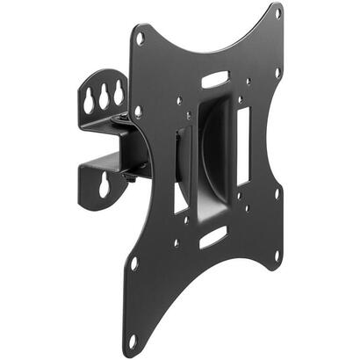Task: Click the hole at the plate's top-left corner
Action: coord(140,38)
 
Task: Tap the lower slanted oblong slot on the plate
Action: coord(212,236)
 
